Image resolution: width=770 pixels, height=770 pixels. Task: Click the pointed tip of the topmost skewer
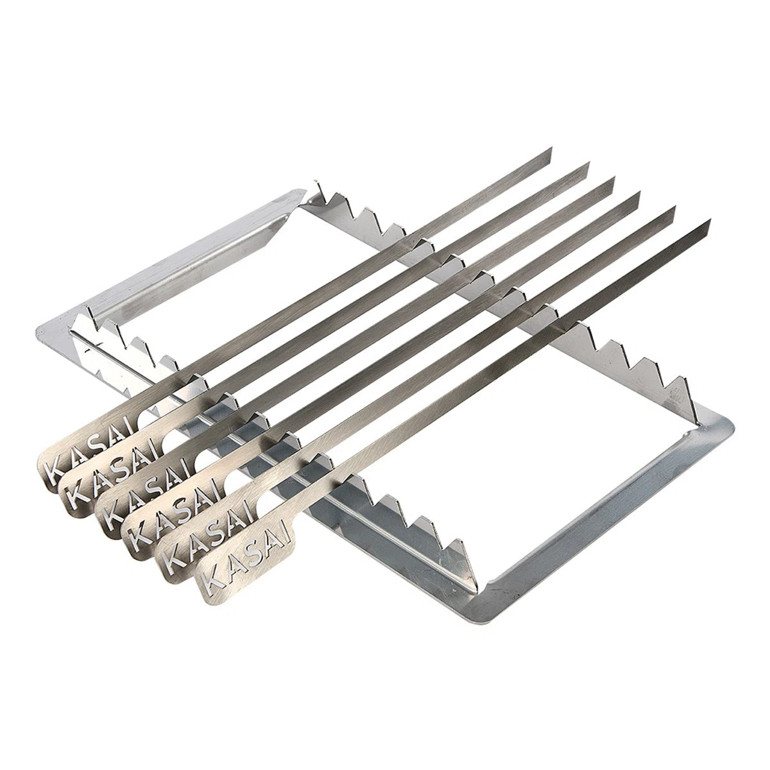(551, 148)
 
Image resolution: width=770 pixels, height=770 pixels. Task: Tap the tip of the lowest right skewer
(710, 219)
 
